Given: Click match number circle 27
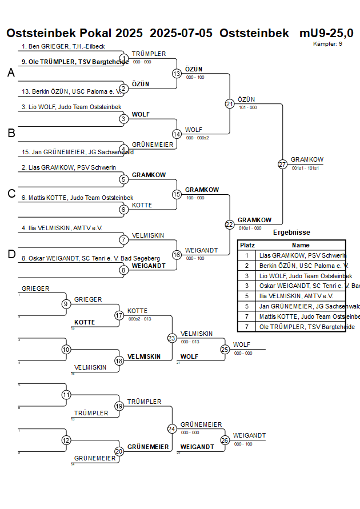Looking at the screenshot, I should coord(282,164).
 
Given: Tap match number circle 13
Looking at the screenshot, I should coord(177,74).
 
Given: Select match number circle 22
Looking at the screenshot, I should coord(229,225).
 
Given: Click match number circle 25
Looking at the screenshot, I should coord(225,349).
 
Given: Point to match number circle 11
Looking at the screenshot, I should coord(66,395).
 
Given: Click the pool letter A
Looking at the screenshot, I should coord(11,73).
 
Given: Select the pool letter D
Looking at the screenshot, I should coord(11,254).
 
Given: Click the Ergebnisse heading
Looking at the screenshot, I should coord(291,233).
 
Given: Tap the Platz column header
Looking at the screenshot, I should coord(247,245).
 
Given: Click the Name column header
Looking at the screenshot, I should coord(300,245).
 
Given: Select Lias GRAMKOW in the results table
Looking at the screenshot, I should coord(302,255).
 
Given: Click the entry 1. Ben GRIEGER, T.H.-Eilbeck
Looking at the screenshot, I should coord(63,46).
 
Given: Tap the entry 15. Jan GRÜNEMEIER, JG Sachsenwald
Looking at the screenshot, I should coord(77,153).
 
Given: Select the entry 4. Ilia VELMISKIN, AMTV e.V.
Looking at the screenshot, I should coord(62,228).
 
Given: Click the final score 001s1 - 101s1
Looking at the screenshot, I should coord(305,169).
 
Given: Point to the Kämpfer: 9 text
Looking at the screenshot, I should coord(328,43).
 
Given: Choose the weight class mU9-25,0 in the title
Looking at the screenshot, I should coord(326,33).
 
